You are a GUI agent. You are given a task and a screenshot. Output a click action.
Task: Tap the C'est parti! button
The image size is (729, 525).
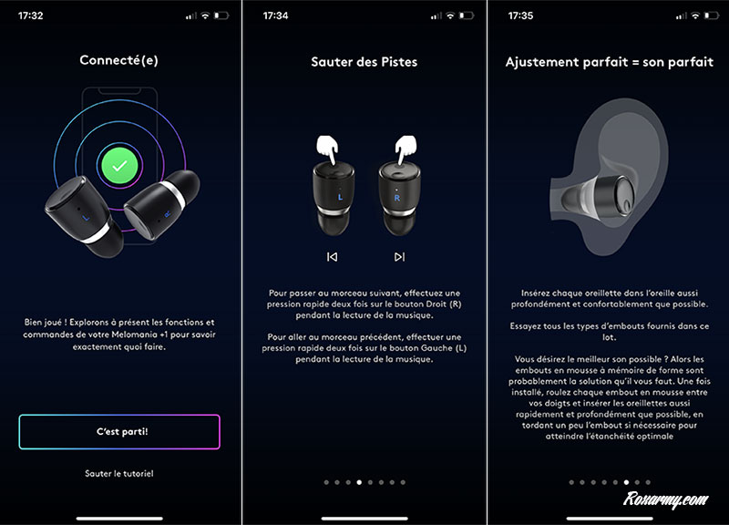click(x=119, y=431)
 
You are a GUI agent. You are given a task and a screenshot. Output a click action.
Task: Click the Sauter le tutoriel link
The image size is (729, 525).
click(x=119, y=473)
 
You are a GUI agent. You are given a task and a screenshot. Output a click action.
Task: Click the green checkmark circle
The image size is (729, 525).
click(x=119, y=166)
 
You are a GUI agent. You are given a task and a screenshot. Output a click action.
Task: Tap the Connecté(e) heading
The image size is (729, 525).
click(x=119, y=60)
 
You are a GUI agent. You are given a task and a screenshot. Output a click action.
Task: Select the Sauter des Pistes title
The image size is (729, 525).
click(x=364, y=62)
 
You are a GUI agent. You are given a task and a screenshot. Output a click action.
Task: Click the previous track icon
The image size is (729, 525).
click(x=332, y=257)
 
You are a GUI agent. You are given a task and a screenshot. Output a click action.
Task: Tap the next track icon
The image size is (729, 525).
click(x=399, y=257)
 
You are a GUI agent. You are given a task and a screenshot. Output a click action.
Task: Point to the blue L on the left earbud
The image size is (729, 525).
click(x=340, y=197)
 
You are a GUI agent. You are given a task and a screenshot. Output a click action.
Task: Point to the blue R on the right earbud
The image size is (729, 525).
click(x=397, y=198)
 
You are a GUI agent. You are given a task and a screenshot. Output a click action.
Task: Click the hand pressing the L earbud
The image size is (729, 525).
click(x=327, y=148)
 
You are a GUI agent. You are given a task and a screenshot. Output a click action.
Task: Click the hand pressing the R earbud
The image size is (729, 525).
click(x=406, y=148)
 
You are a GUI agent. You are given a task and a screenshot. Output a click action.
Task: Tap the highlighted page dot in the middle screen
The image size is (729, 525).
click(x=359, y=482)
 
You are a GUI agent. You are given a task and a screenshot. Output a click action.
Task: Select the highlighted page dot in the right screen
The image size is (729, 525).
click(x=626, y=482)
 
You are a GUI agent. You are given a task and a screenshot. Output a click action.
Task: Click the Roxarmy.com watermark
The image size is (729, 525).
click(x=665, y=499)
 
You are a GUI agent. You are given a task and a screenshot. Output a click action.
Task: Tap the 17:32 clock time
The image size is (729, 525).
click(x=31, y=15)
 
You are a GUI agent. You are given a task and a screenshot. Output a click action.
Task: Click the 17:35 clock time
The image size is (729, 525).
click(x=520, y=15)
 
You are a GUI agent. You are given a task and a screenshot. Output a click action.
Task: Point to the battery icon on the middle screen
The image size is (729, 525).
click(x=467, y=15)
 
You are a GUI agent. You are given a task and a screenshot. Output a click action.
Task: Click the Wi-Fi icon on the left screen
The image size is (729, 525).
click(x=205, y=15)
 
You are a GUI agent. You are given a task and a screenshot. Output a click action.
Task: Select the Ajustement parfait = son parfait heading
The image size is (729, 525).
click(x=609, y=62)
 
